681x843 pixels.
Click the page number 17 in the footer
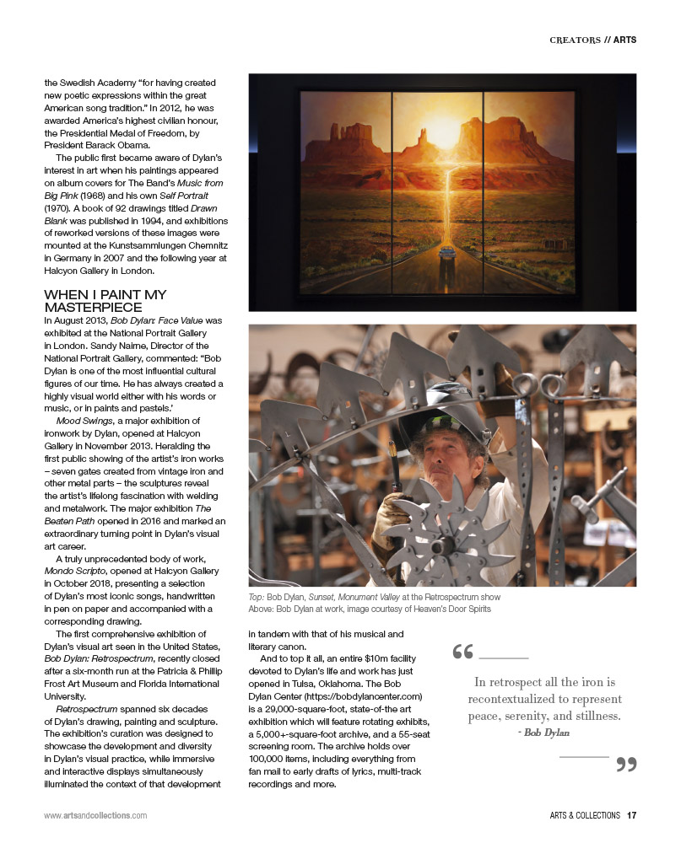631,815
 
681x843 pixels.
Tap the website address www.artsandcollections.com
95,815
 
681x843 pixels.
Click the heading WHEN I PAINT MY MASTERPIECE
105,301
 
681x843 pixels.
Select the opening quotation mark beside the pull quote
462,652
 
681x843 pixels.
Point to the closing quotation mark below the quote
625,765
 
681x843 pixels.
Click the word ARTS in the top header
624,40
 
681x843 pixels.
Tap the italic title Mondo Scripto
81,570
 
